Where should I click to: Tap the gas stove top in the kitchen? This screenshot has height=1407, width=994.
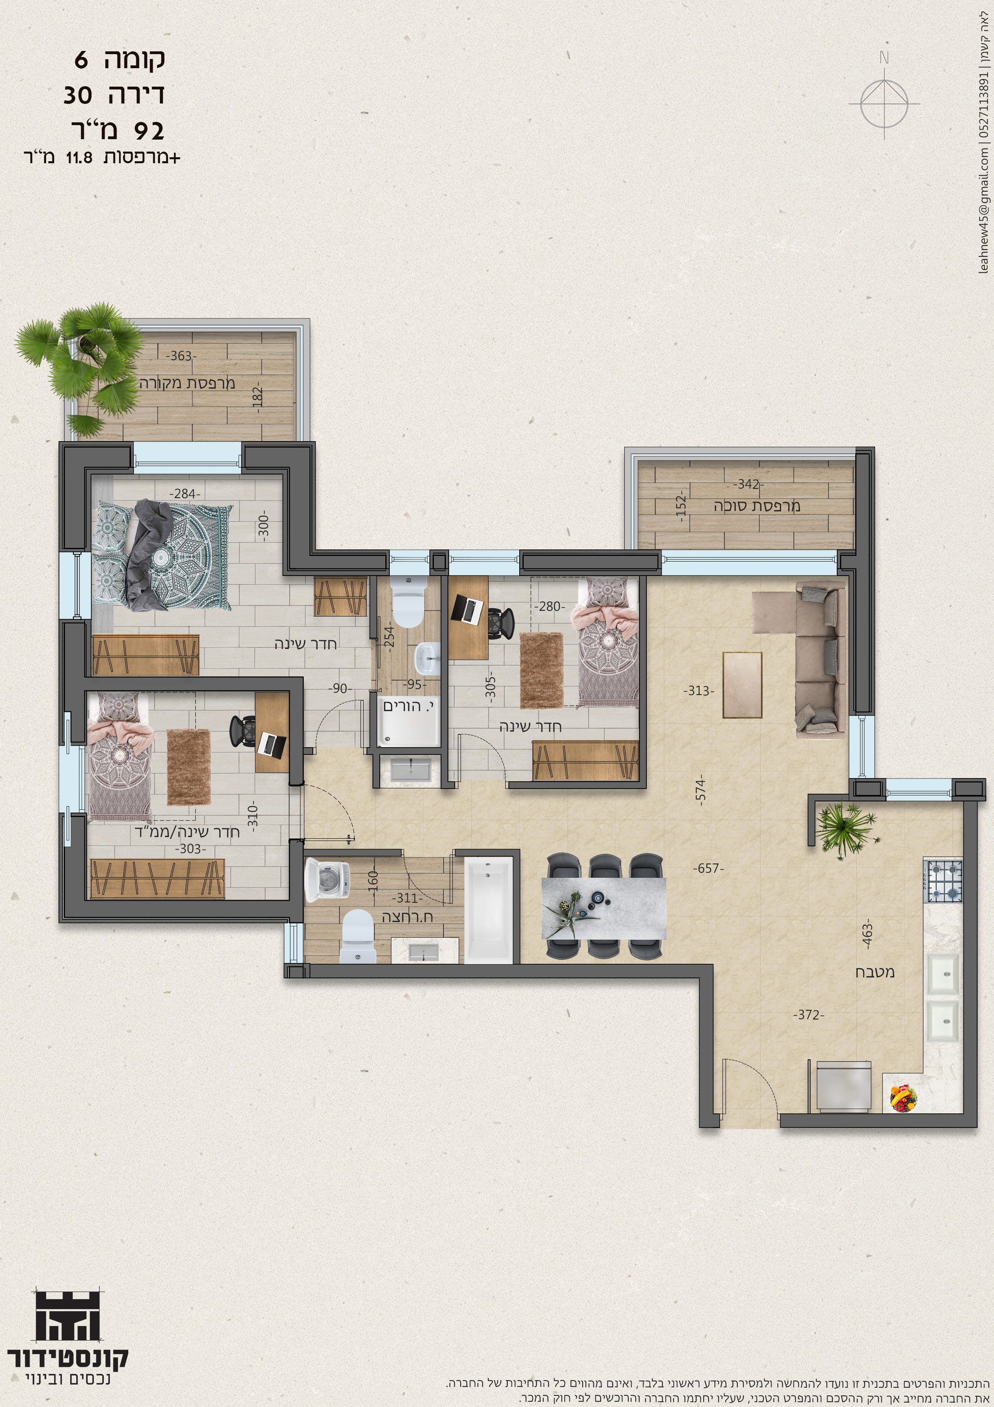tap(944, 881)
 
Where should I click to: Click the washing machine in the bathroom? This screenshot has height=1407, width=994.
tap(327, 881)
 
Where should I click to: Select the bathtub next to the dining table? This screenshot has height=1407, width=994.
tap(488, 910)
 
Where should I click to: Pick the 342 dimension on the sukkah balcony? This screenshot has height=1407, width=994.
tap(748, 484)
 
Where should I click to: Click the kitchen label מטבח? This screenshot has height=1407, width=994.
tap(875, 972)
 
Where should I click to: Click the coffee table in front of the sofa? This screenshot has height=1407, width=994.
tap(742, 685)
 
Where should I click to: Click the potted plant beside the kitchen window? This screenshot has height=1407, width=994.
tap(846, 825)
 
